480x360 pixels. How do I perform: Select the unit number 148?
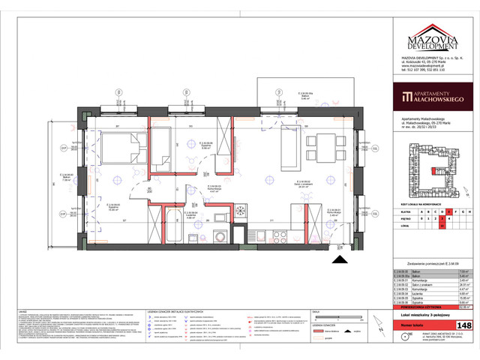point(465,325)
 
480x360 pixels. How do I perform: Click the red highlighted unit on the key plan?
point(433,171)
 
